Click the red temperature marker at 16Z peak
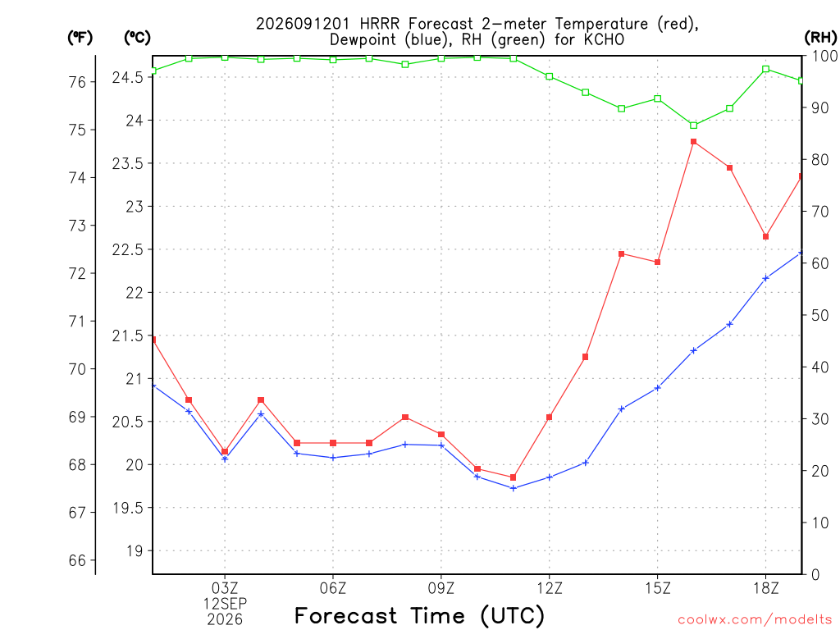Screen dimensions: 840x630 coord(694,142)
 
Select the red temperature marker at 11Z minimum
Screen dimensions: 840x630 coord(514,477)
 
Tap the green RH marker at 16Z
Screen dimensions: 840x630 coord(694,126)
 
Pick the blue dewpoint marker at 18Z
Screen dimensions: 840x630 coord(765,278)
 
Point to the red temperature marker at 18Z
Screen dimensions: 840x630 coord(765,237)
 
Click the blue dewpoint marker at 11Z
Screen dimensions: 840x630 coord(514,488)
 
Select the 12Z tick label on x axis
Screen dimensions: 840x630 coord(550,588)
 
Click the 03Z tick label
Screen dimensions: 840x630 coord(225,588)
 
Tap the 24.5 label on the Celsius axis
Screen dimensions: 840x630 coord(128,78)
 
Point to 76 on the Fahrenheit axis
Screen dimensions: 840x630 coord(78,82)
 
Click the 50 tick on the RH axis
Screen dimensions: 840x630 coord(820,315)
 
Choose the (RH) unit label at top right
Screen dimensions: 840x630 coord(820,37)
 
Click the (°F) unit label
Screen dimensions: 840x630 coord(80,38)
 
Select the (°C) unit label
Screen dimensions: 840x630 coord(137,38)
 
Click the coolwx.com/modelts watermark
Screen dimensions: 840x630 coord(755,620)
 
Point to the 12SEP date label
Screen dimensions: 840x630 coord(225,604)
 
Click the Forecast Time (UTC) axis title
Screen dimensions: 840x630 coord(419,615)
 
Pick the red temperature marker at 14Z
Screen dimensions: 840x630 coord(622,254)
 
